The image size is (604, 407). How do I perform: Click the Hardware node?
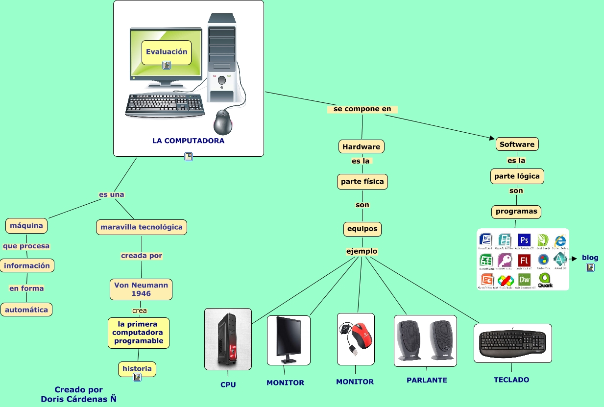pos(361,146)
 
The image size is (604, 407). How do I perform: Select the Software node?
pos(517,144)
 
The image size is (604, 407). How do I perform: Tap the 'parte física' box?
pos(362,181)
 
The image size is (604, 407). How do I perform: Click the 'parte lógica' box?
pos(517,176)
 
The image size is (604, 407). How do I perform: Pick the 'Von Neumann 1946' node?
pos(141,289)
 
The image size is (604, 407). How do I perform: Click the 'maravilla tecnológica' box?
pos(141,227)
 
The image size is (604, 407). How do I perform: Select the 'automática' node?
pos(26,310)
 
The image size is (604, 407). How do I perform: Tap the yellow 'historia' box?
pos(137,369)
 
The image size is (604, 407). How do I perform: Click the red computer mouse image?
pos(356,338)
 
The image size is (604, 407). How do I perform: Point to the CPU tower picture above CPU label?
pos(228,339)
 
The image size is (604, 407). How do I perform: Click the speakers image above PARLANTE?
pos(425,340)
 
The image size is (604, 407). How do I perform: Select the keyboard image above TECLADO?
pos(512,343)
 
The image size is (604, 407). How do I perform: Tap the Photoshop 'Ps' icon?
pos(524,240)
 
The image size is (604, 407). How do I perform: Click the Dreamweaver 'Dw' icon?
pos(524,279)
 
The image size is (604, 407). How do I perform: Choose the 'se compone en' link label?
pos(362,109)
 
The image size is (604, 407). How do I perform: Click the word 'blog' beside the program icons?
pos(590,258)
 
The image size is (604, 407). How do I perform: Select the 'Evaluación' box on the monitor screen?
pos(167,51)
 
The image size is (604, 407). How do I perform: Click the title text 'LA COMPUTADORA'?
pos(188,141)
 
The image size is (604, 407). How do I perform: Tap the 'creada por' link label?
pos(141,255)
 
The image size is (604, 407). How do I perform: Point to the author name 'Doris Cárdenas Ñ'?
pos(78,399)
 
